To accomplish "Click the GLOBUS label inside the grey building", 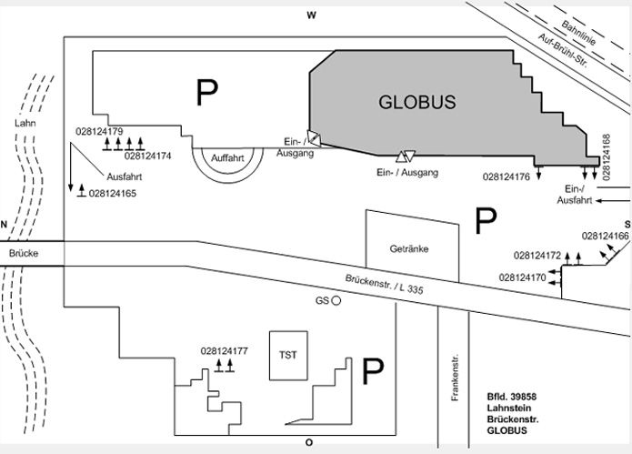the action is pos(417,102).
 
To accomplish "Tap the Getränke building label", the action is pos(409,248).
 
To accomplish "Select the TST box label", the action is pos(287,355).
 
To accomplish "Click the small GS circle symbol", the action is pos(336,300).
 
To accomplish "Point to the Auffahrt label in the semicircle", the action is pos(227,158).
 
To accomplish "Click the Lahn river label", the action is pos(25,123).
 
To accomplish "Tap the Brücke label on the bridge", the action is pos(24,253).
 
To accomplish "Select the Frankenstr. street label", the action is pos(455,378).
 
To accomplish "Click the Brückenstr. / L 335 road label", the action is pos(384,284).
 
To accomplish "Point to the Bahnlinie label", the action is pos(578,33).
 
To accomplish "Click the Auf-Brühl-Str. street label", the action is pos(562,50).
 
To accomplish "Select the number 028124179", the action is pos(99,131).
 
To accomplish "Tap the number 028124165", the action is pos(113,194).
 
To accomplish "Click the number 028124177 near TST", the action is pos(224,351).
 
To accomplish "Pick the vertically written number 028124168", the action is pos(606,157).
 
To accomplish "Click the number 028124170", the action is pos(522,277).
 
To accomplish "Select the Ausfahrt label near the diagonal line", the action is pos(125,177).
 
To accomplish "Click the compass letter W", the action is pos(311,15).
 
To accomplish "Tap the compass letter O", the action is pos(309,443).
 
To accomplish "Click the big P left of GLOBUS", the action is pos(206,92).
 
